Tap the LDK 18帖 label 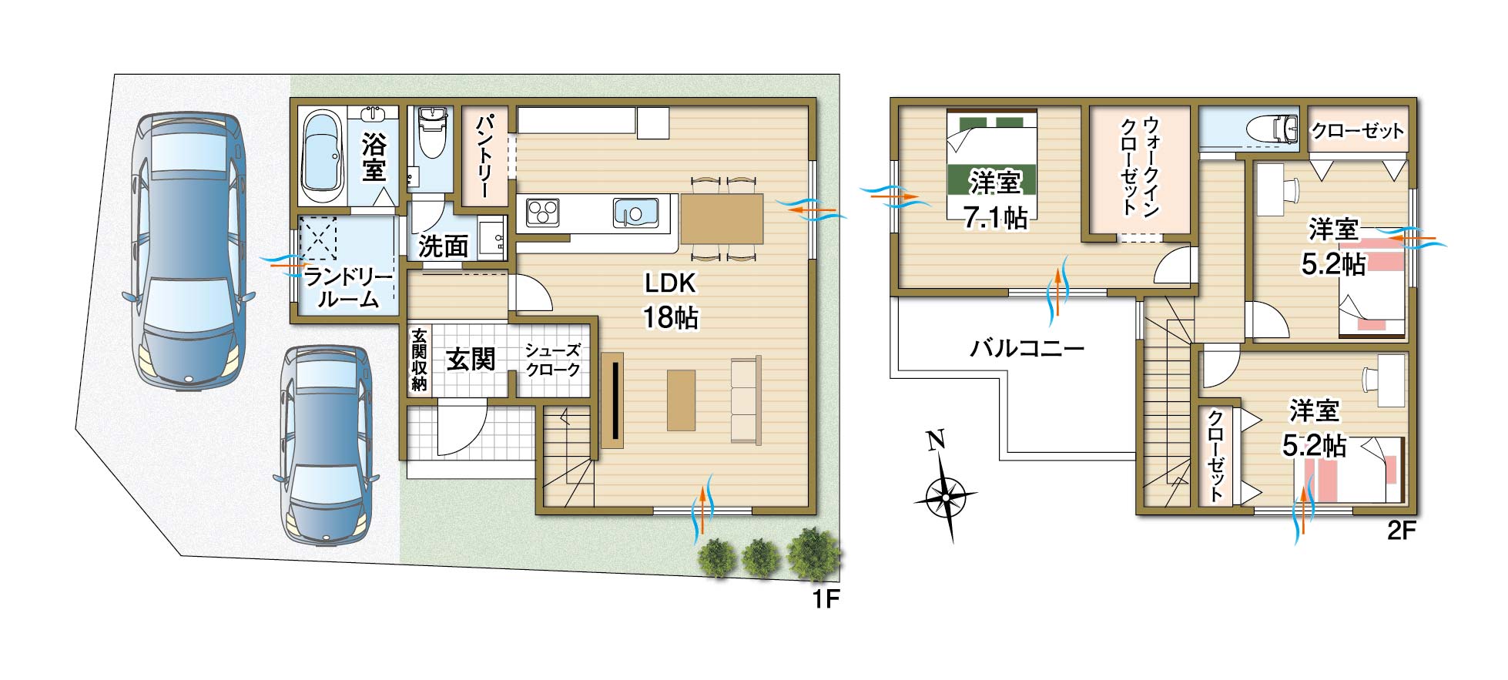[x=671, y=300]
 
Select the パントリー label [x=485, y=156]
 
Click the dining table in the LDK [x=722, y=219]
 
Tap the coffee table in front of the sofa [x=681, y=400]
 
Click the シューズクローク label [x=552, y=360]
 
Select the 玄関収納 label [x=419, y=360]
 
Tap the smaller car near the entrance [x=327, y=444]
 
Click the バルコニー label [x=1027, y=348]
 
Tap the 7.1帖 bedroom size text [x=995, y=219]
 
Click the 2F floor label [x=1402, y=531]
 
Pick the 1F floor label [x=825, y=599]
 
